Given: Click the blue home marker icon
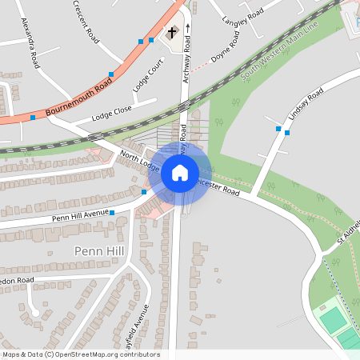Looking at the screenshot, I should [180, 172].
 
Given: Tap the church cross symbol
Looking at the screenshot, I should [170, 34].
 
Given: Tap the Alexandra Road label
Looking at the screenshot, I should [31, 40].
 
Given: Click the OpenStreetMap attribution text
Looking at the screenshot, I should [80, 354].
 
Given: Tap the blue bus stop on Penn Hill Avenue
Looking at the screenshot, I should [112, 213].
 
